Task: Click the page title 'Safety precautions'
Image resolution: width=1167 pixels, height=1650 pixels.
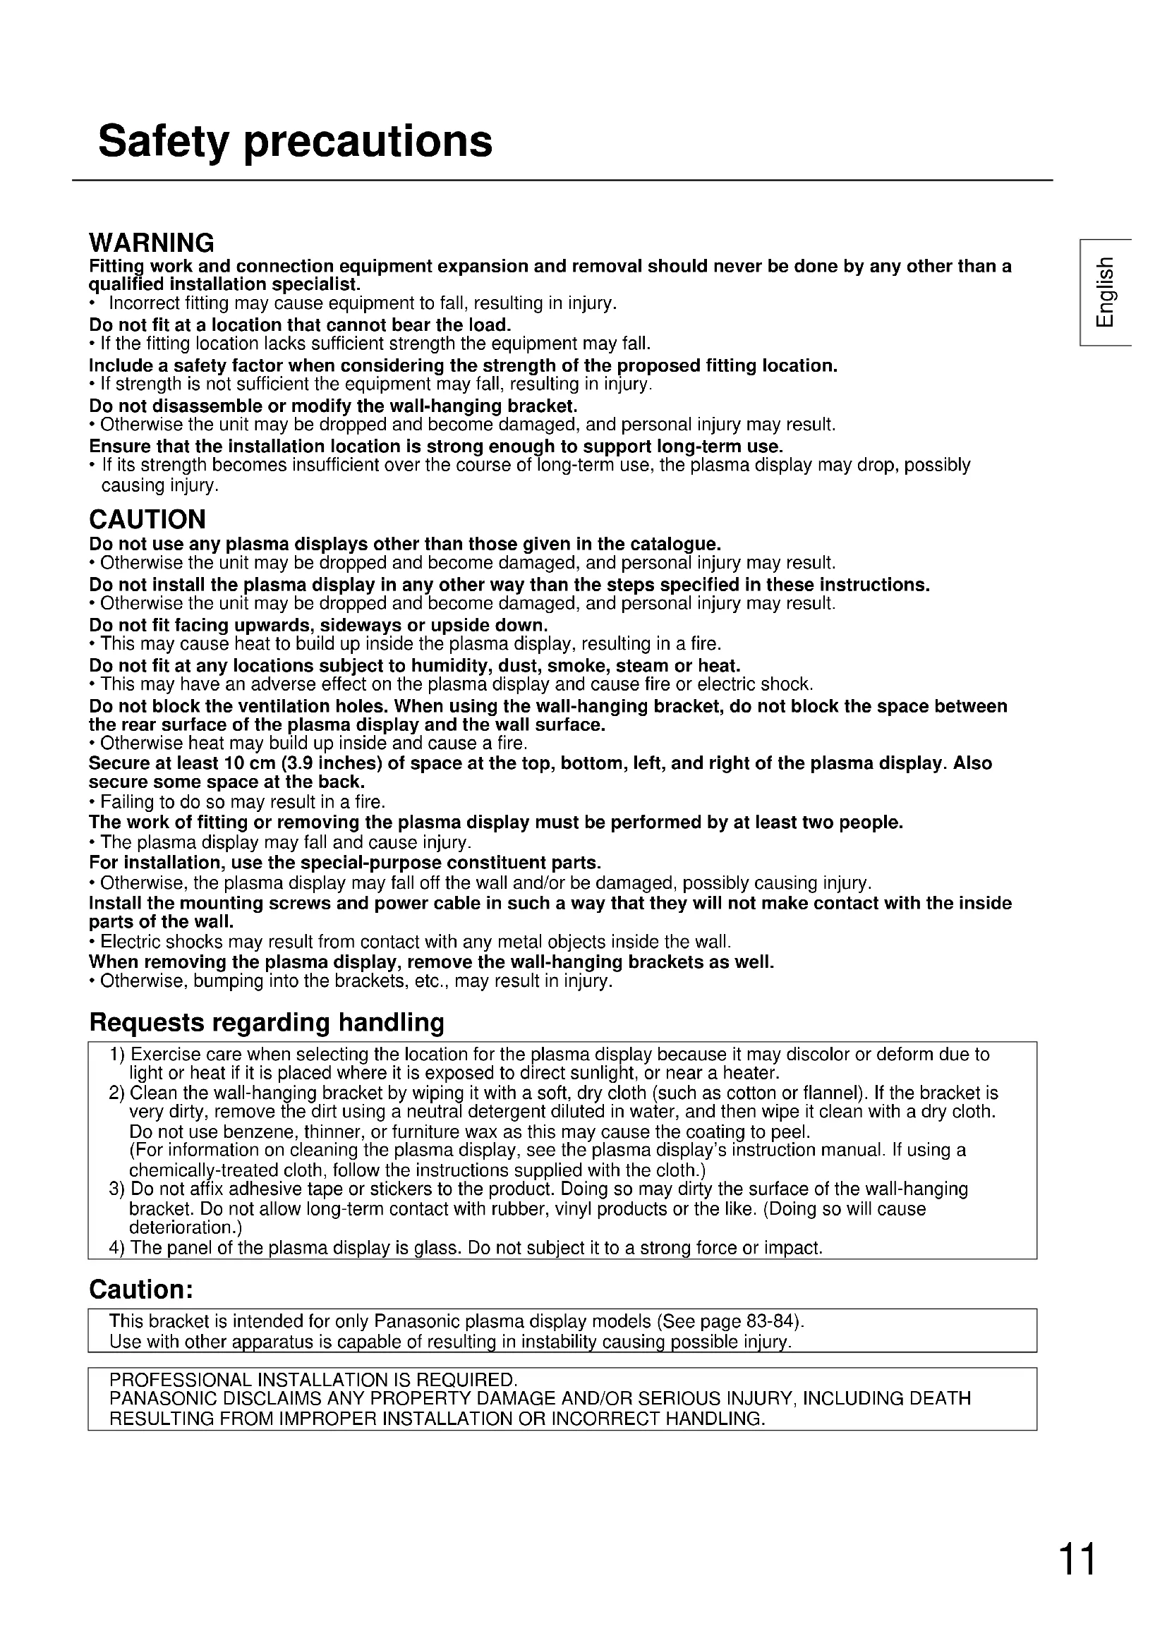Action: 296,141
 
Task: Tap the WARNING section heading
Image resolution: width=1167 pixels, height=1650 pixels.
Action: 152,243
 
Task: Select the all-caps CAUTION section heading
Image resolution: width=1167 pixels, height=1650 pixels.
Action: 147,519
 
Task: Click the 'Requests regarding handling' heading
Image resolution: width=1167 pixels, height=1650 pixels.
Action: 267,1022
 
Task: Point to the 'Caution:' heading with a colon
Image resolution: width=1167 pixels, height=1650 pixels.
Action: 142,1290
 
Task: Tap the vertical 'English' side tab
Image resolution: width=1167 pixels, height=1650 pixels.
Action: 1105,291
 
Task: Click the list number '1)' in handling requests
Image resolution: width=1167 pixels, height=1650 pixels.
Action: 117,1055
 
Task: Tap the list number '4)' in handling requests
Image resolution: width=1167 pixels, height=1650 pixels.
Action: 117,1248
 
